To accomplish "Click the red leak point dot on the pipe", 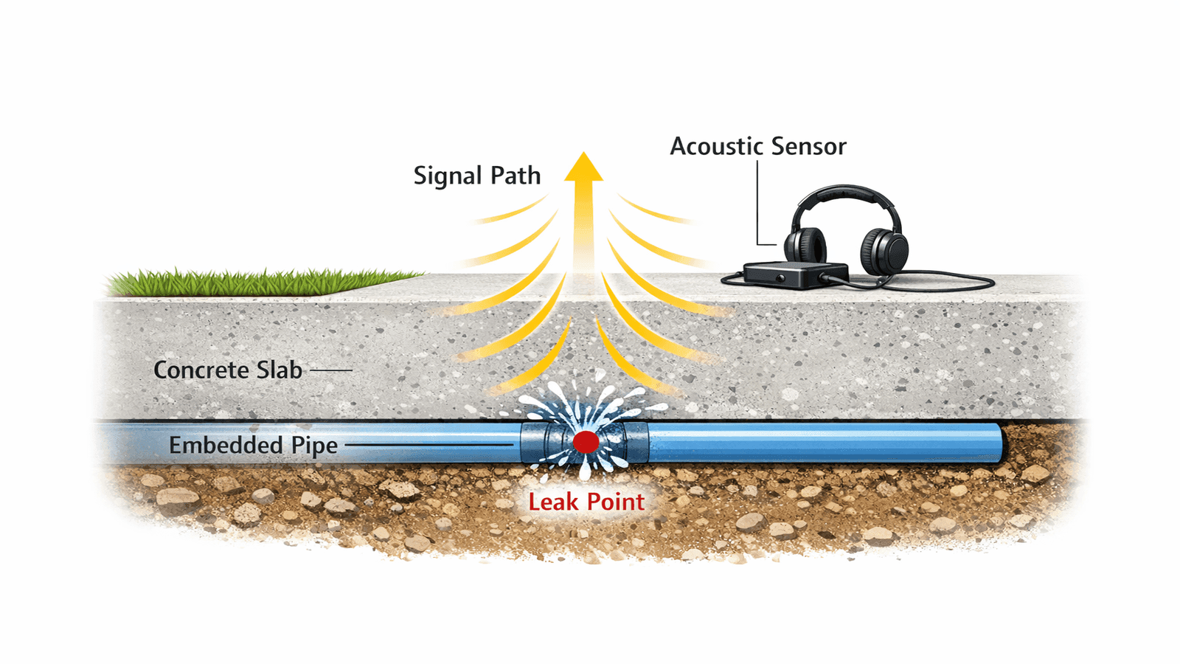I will pyautogui.click(x=586, y=442).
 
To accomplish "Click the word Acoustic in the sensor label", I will pyautogui.click(x=715, y=146).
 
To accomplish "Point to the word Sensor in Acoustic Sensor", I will pyautogui.click(x=807, y=146).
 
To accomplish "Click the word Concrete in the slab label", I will pyautogui.click(x=201, y=370).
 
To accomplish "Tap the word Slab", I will pyautogui.click(x=279, y=370).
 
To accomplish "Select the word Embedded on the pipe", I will pyautogui.click(x=226, y=445).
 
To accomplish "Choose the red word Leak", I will pyautogui.click(x=552, y=502).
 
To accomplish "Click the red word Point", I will pyautogui.click(x=616, y=502).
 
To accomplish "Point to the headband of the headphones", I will pyautogui.click(x=845, y=193).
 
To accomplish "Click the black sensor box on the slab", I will pyautogui.click(x=795, y=275).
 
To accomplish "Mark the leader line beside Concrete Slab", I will pyautogui.click(x=331, y=370).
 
